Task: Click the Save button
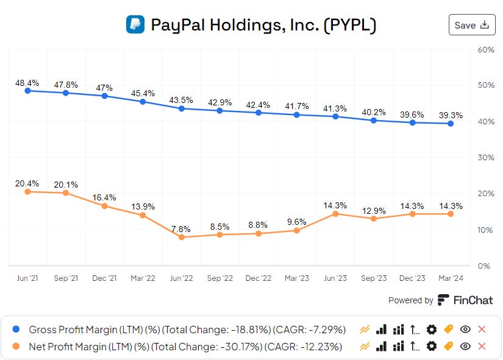pyautogui.click(x=471, y=25)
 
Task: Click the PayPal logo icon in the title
pyautogui.click(x=135, y=24)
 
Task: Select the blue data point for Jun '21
pyautogui.click(x=27, y=91)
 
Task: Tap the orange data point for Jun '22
pyautogui.click(x=181, y=237)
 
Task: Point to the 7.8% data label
pyautogui.click(x=181, y=229)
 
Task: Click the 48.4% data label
pyautogui.click(x=27, y=82)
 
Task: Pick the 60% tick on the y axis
pyautogui.click(x=485, y=49)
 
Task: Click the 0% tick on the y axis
pyautogui.click(x=484, y=266)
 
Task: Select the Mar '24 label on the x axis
pyautogui.click(x=450, y=278)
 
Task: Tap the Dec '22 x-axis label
pyautogui.click(x=259, y=278)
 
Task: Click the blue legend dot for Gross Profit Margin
pyautogui.click(x=16, y=330)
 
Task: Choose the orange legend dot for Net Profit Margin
pyautogui.click(x=16, y=347)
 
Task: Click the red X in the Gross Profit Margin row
pyautogui.click(x=482, y=330)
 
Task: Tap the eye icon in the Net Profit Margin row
pyautogui.click(x=465, y=347)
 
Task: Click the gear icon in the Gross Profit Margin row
pyautogui.click(x=432, y=330)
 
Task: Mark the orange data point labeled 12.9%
pyautogui.click(x=374, y=219)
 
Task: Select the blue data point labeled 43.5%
pyautogui.click(x=181, y=108)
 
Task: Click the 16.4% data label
pyautogui.click(x=104, y=197)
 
